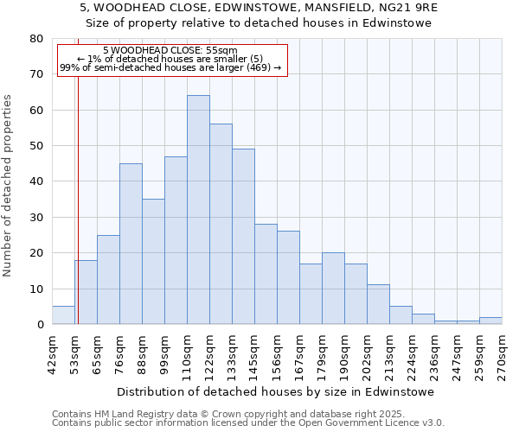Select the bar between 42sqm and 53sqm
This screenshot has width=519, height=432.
[x=63, y=315]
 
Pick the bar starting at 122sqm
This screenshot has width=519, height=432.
[x=221, y=224]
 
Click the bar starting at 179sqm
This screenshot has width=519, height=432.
[x=333, y=289]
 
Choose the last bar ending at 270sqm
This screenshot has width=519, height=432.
[x=490, y=321]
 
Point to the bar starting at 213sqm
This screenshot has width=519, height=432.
[x=400, y=315]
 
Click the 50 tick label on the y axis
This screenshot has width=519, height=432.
[x=36, y=146]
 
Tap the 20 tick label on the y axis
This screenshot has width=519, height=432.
[x=36, y=253]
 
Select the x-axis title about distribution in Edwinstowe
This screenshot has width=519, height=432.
[x=275, y=391]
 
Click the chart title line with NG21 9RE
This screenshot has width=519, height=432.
[x=259, y=7]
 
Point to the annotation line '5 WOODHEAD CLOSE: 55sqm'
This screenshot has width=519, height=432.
[x=170, y=50]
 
